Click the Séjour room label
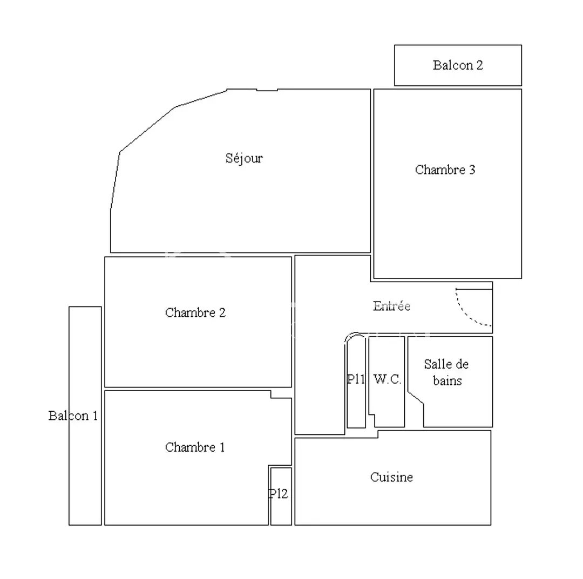tap(244, 159)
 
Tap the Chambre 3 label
tap(445, 170)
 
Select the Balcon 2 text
tap(458, 65)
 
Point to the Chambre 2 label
tap(195, 312)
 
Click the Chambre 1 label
tap(195, 447)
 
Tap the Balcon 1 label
tap(73, 415)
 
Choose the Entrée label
tap(391, 306)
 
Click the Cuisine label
tap(391, 477)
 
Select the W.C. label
tap(387, 379)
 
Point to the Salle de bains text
tap(446, 372)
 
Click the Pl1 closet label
tap(355, 379)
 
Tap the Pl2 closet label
tap(278, 494)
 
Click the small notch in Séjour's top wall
tap(267, 90)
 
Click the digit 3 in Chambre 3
tap(472, 170)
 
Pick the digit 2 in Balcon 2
tap(480, 65)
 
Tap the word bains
tap(448, 381)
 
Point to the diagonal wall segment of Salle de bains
tap(416, 397)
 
